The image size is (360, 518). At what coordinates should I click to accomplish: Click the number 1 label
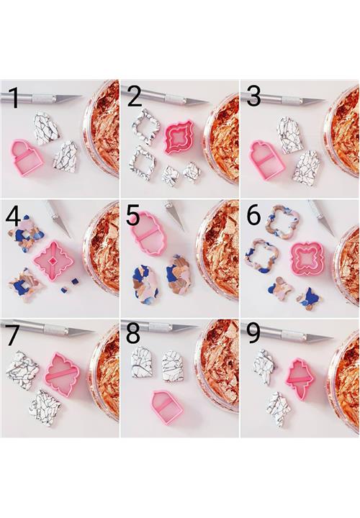click(14, 98)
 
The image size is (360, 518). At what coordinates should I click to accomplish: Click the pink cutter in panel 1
click(27, 158)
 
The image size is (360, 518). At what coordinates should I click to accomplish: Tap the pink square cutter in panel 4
click(53, 261)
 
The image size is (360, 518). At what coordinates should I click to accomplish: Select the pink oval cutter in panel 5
click(149, 232)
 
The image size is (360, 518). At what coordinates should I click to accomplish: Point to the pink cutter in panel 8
click(167, 407)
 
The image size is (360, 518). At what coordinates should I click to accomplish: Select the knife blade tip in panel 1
click(81, 96)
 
